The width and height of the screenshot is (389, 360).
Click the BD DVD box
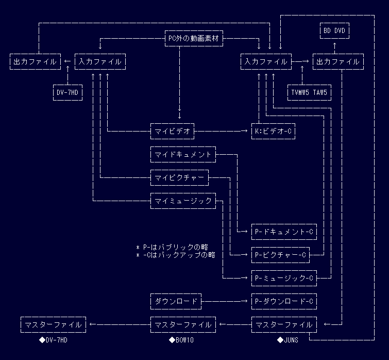[334, 31]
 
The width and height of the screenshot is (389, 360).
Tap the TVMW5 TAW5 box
[309, 93]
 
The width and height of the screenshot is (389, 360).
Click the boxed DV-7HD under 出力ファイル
[68, 93]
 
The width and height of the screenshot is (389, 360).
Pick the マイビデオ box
[172, 132]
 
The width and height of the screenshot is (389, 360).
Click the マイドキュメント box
[183, 154]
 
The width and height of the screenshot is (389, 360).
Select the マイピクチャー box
[179, 178]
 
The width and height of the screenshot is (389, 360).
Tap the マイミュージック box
[183, 201]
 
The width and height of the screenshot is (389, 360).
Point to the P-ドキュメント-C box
[284, 232]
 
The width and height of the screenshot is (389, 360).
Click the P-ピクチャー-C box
[280, 255]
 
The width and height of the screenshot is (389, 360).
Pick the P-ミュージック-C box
[284, 278]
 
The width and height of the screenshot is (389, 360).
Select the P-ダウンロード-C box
[284, 301]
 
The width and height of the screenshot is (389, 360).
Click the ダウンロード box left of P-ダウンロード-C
[176, 301]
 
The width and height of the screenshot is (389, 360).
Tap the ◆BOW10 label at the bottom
[181, 340]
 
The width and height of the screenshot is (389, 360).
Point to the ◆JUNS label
[287, 340]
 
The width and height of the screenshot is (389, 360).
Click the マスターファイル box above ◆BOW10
[183, 324]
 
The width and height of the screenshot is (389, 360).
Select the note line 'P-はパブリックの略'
[175, 247]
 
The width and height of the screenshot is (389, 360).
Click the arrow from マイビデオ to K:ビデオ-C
[222, 132]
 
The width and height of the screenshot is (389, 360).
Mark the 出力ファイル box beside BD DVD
[338, 62]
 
